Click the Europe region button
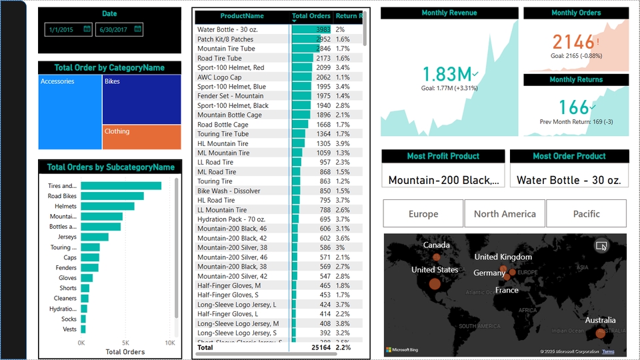point(423,214)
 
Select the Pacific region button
point(586,214)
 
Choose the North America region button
point(505,214)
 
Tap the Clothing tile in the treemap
point(141,137)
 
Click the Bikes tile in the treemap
point(141,99)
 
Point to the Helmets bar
point(107,206)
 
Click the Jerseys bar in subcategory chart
point(94,237)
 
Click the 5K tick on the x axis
point(125,343)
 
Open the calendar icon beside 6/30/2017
point(137,29)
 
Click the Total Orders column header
point(311,16)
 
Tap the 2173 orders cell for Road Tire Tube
point(323,58)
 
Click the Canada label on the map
point(436,245)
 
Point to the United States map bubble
point(435,284)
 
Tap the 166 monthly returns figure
point(573,107)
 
